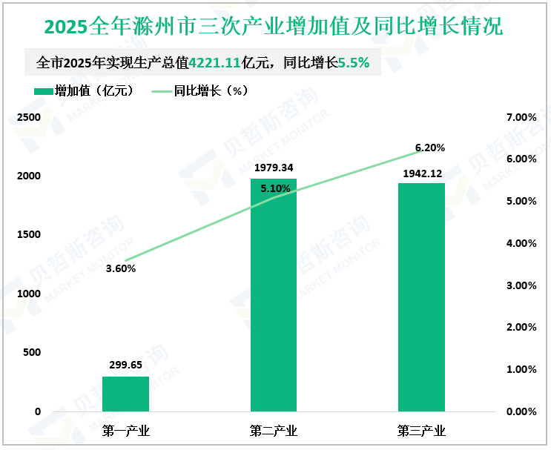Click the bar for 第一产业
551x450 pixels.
[x=125, y=394]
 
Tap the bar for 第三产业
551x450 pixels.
[x=421, y=297]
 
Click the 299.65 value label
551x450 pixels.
[x=125, y=365]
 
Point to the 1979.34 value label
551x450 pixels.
[x=274, y=168]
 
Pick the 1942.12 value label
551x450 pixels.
[x=421, y=172]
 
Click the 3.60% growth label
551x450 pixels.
[x=121, y=269]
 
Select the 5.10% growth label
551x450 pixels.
[x=275, y=188]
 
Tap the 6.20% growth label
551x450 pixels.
[x=430, y=148]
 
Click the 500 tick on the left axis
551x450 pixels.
[x=31, y=352]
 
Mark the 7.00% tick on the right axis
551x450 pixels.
[x=521, y=118]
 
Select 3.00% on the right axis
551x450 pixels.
[x=521, y=285]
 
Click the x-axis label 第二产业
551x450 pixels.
[x=274, y=430]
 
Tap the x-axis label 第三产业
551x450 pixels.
[x=421, y=430]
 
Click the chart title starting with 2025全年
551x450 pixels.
[x=274, y=27]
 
